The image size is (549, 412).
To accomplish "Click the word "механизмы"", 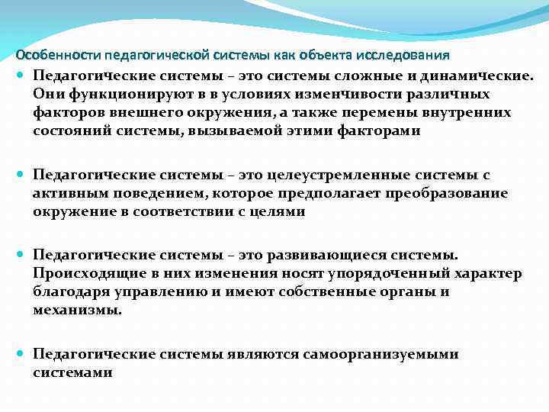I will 75,311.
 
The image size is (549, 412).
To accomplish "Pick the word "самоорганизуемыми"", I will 380,354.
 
